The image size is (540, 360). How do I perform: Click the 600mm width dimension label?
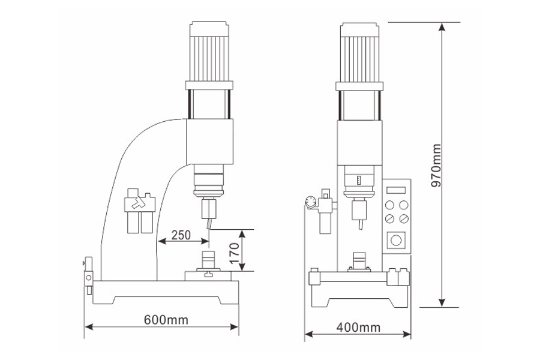point(166,320)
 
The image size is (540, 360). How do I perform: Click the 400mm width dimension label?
point(358,327)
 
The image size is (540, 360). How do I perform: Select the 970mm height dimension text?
point(436,166)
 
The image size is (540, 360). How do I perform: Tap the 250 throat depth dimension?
point(181,235)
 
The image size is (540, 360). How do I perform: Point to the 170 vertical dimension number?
point(234,254)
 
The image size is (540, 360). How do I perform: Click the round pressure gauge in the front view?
point(311,202)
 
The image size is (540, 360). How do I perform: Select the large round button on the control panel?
point(396,240)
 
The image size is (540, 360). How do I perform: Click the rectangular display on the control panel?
point(396,190)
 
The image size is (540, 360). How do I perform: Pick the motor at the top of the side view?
point(209,52)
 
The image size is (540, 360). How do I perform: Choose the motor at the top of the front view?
point(359,52)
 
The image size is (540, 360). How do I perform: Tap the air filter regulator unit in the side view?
point(139,211)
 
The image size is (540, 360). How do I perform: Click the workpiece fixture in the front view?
point(359,263)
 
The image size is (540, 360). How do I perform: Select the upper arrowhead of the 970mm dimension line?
point(442,26)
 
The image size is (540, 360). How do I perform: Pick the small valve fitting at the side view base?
point(89,275)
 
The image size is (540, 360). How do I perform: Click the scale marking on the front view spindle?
point(359,180)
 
